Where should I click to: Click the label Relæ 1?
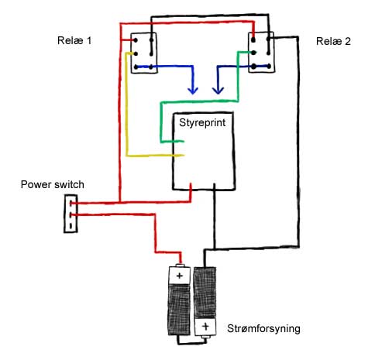tap(74, 40)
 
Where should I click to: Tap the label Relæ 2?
tap(333, 41)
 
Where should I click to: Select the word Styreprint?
tap(202, 122)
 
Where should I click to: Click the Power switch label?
tap(53, 184)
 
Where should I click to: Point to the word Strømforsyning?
tap(263, 329)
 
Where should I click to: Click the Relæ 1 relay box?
tap(144, 53)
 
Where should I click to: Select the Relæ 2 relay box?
tap(261, 53)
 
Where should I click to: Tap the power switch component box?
tap(71, 214)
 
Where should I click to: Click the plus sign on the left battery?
tap(180, 276)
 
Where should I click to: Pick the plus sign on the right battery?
tap(205, 327)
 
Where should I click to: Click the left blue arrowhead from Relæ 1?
tap(193, 91)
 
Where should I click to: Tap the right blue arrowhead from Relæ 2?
tap(218, 91)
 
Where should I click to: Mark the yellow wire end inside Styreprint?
tap(183, 156)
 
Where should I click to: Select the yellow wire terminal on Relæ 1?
tap(136, 54)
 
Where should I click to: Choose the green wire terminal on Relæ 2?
tap(253, 53)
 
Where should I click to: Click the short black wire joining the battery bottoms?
tap(192, 343)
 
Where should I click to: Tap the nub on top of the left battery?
tap(181, 266)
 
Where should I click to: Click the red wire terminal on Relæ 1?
tap(136, 40)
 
